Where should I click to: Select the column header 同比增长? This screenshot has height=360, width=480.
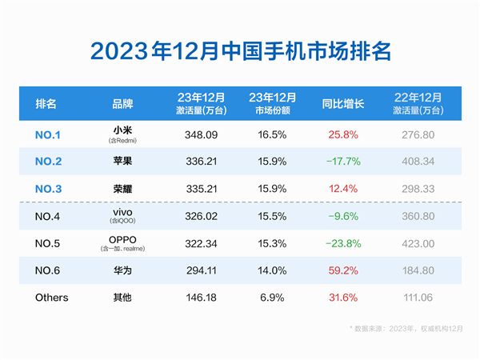[342, 104]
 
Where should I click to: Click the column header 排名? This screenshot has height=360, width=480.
[46, 104]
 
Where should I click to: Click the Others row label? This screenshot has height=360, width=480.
[52, 298]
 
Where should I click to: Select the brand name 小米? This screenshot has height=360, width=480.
[123, 130]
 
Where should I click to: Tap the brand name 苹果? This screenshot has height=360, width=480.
[123, 162]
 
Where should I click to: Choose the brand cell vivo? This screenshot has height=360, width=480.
[123, 212]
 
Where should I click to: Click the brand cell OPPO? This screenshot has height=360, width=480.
[123, 239]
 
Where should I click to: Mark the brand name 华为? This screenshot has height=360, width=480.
[123, 270]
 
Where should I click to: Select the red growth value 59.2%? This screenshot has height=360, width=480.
[342, 270]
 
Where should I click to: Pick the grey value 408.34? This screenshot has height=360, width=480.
[414, 162]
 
